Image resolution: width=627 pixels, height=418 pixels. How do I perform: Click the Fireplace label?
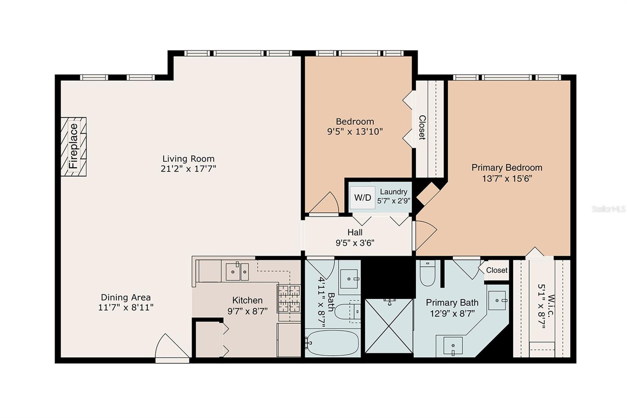click(73, 146)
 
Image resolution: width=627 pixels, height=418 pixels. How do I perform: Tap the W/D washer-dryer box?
click(362, 198)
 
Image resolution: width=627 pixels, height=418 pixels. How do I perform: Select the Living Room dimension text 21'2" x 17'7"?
click(188, 169)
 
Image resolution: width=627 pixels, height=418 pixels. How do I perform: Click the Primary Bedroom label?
click(507, 167)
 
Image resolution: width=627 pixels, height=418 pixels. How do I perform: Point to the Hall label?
click(355, 232)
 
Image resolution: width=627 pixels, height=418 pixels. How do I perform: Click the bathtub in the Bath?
click(332, 343)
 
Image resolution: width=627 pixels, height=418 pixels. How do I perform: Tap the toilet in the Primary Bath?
click(428, 273)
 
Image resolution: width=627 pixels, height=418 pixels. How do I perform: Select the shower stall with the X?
click(389, 326)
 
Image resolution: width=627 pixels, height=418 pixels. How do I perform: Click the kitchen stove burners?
click(288, 299)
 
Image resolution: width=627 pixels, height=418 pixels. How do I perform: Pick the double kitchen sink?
click(237, 271)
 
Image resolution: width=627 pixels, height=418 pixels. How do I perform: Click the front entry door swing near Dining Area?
click(172, 346)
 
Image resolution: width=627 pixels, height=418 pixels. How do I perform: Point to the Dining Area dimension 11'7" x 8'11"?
click(126, 307)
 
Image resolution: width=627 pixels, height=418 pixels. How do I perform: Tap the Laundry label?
click(393, 192)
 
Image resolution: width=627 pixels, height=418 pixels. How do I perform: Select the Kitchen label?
click(247, 300)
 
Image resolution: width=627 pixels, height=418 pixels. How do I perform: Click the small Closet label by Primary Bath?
click(497, 270)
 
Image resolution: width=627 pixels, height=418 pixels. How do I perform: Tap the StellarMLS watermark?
click(609, 209)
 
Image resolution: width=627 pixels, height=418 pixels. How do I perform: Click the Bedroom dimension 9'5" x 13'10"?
click(355, 131)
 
